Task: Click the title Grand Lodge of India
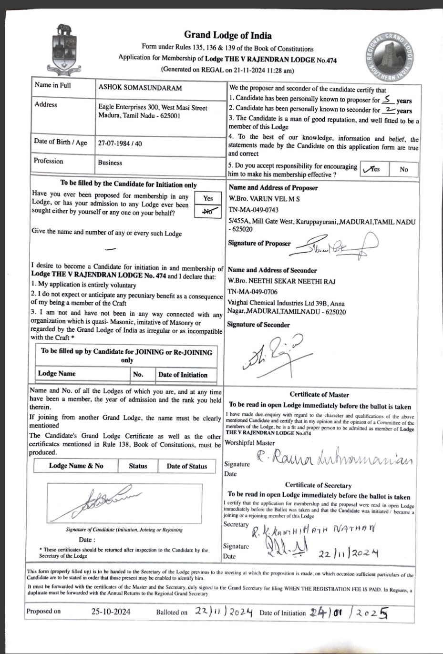[x=228, y=35]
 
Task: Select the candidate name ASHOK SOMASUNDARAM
[x=140, y=88]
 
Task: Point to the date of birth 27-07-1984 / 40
[x=120, y=143]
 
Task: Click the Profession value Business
[x=110, y=163]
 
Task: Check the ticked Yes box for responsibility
[x=373, y=169]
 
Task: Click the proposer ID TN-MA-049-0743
[x=253, y=210]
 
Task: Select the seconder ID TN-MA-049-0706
[x=253, y=292]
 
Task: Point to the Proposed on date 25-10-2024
[x=111, y=612]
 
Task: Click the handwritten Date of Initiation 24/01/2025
[x=348, y=612]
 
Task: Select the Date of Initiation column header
[x=183, y=375]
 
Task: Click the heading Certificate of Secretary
[x=319, y=486]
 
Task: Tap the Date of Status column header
[x=186, y=466]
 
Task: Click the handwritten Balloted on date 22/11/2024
[x=224, y=612]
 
